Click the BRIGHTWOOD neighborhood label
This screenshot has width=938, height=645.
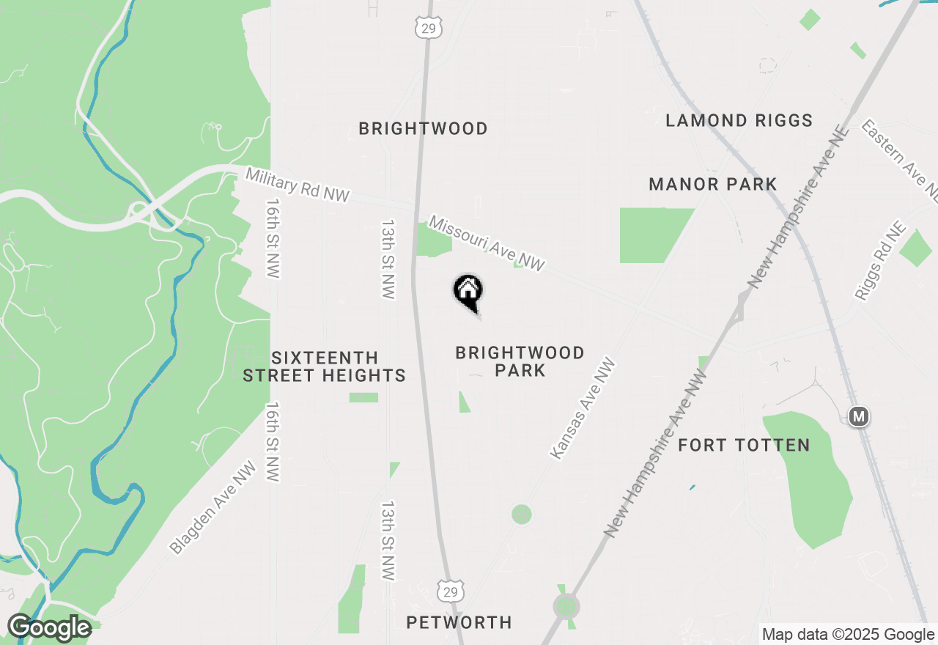[x=423, y=129]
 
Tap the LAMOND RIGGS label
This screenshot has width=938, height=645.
[x=739, y=121]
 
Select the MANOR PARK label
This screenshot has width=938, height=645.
[x=712, y=184]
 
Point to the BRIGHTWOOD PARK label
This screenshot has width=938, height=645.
[x=520, y=361]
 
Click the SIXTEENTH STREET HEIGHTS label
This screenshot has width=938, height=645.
[x=324, y=366]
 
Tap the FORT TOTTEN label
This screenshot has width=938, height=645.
[x=744, y=445]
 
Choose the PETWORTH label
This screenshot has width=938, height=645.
[x=459, y=622]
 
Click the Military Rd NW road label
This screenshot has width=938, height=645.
[x=297, y=185]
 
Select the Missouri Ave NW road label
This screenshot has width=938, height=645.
[x=487, y=243]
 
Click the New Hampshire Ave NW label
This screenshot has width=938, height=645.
[x=656, y=454]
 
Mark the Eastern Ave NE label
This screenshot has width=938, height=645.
[x=900, y=161]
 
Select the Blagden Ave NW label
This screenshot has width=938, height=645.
[x=213, y=507]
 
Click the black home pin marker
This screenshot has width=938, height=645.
[x=468, y=291]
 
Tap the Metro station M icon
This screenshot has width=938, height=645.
[x=859, y=417]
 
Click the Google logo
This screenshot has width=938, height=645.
[x=49, y=628]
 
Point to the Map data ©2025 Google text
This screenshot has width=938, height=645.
[x=848, y=634]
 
